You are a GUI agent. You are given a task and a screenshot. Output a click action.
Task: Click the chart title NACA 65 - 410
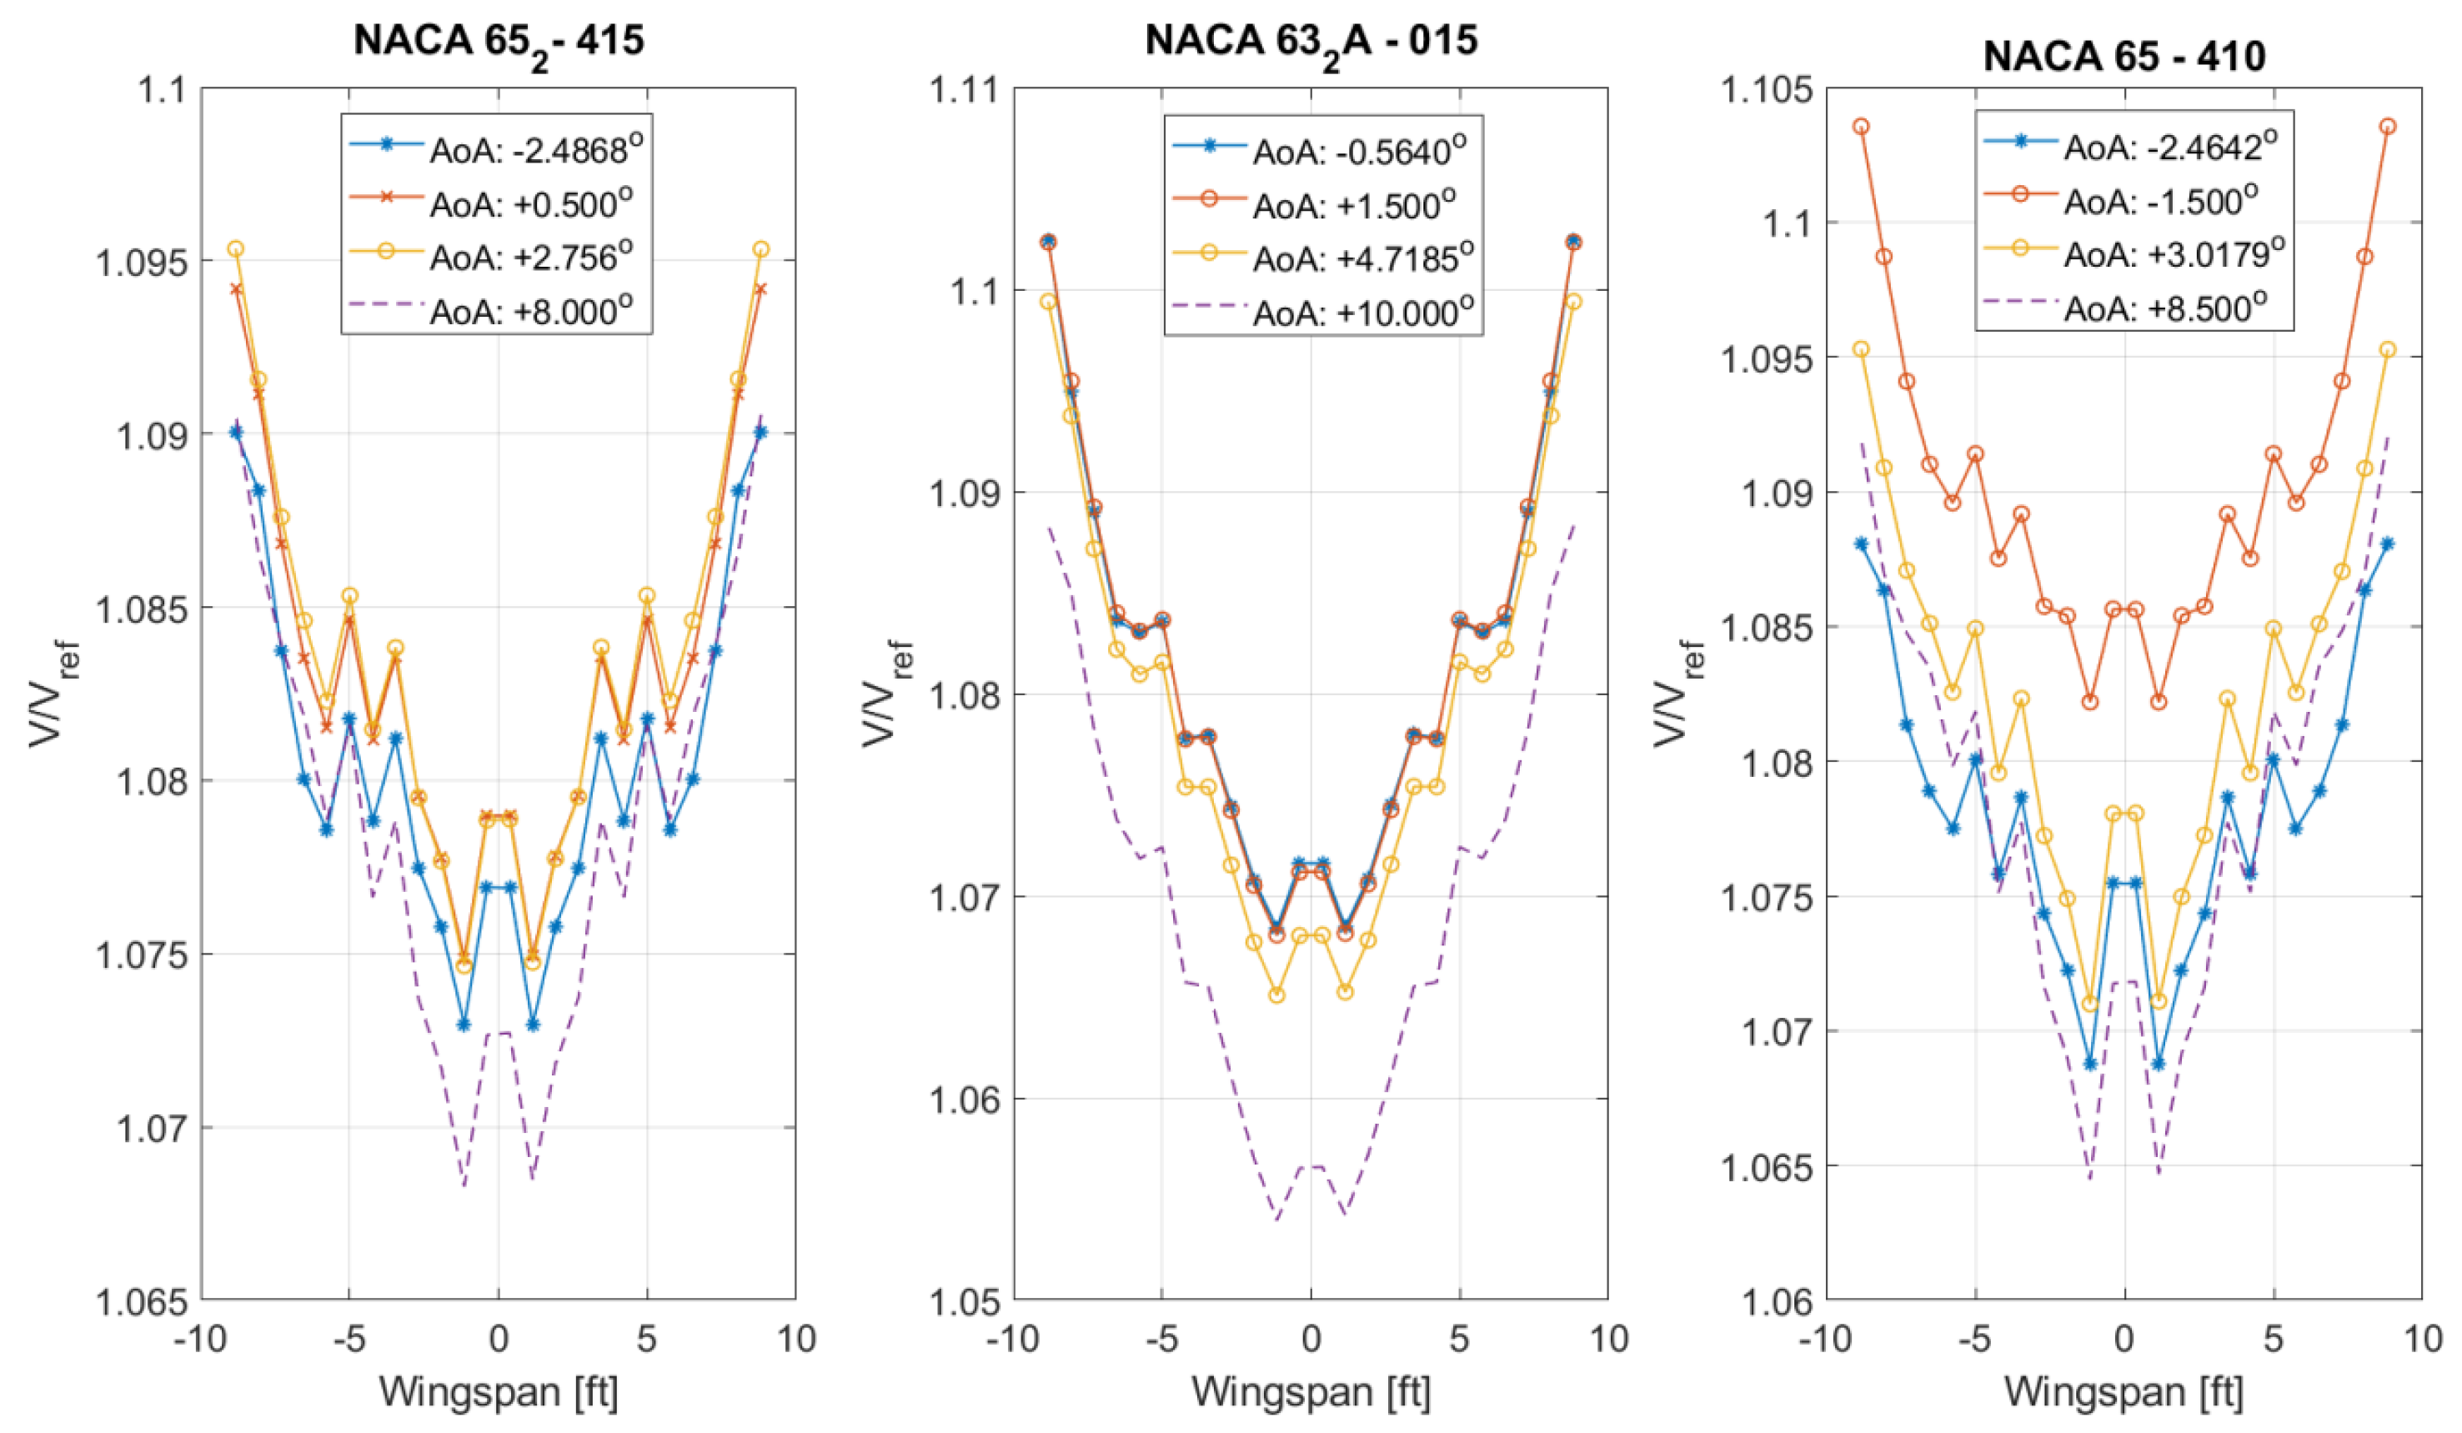coord(2124,56)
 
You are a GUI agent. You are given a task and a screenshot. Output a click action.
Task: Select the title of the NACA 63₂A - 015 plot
coord(1311,41)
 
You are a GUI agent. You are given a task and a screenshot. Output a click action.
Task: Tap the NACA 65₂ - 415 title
coord(499,41)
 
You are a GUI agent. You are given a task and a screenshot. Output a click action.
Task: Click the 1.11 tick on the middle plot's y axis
coord(963,90)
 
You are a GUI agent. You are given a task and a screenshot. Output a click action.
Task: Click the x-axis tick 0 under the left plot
coord(499,1338)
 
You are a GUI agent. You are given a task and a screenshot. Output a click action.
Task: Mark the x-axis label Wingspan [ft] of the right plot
coord(2124,1391)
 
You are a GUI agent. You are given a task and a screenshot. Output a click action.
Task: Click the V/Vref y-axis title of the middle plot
coord(887,694)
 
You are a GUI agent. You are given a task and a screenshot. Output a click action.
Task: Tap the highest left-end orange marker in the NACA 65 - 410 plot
coord(1861,127)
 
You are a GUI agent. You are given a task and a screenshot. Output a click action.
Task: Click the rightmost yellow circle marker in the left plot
coord(761,249)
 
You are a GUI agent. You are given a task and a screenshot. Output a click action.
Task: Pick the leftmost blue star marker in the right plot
coord(1861,544)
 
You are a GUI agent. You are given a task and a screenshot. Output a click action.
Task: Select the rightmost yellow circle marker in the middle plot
coord(1573,302)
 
